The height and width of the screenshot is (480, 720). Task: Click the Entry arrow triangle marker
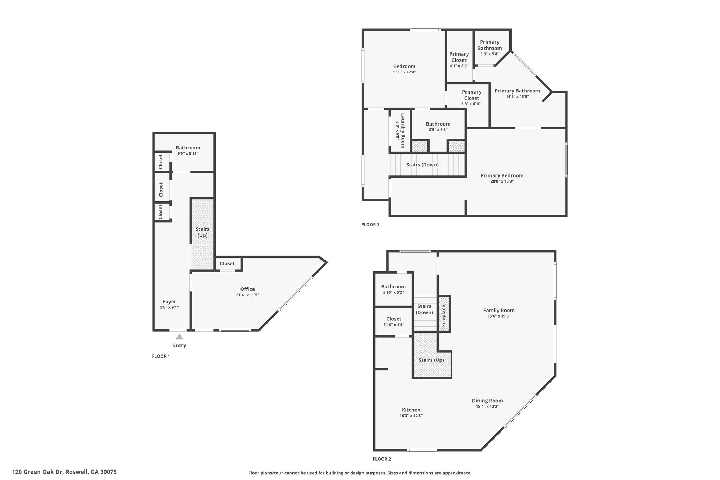179,337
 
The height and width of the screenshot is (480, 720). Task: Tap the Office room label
247,289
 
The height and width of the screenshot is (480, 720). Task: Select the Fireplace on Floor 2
444,313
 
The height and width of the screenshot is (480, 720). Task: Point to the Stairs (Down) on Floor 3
427,165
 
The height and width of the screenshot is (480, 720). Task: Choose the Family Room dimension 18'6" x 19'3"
499,316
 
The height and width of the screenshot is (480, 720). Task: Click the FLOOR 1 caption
161,356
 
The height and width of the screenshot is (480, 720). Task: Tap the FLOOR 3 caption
371,224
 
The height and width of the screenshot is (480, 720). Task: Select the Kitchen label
411,410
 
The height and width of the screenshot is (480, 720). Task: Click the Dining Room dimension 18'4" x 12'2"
487,407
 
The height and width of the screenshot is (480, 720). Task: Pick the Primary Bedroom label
502,175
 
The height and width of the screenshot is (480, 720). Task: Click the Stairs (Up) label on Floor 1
202,232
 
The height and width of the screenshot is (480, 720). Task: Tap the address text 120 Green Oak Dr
38,472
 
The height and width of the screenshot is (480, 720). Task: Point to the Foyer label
169,301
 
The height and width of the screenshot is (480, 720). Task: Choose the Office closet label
227,263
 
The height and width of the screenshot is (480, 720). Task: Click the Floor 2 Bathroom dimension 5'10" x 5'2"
393,292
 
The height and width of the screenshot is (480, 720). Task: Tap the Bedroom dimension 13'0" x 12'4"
404,72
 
